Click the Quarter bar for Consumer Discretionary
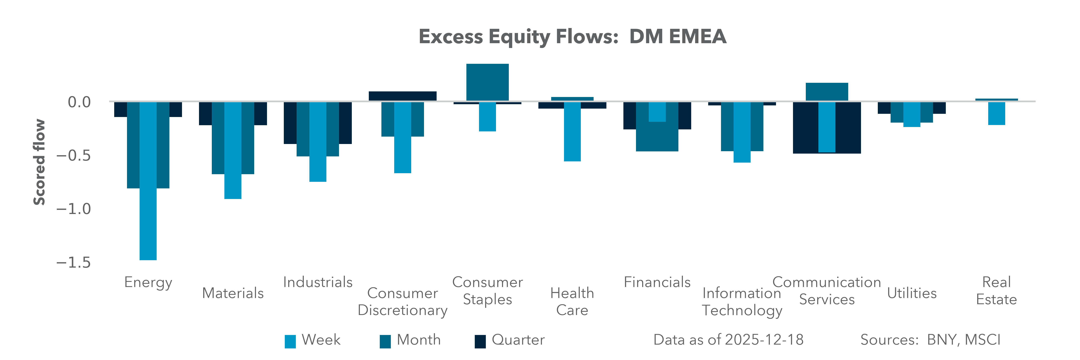402,96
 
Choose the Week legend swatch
290,341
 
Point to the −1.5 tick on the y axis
73,263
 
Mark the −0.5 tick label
73,155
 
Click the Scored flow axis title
39,162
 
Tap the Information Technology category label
742,302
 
